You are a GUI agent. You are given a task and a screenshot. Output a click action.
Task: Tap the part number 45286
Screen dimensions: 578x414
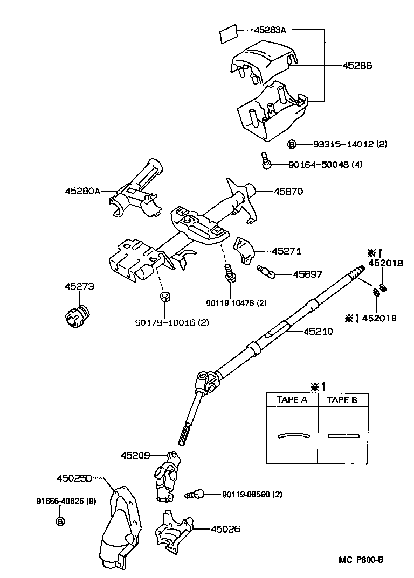click(357, 65)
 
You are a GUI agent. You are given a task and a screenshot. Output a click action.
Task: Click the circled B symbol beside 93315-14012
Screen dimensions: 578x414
click(292, 144)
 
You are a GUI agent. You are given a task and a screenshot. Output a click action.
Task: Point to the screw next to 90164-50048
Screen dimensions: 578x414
click(265, 160)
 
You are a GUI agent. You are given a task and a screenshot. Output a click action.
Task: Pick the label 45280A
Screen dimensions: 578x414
click(82, 191)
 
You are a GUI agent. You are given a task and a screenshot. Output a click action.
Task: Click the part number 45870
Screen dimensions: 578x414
click(288, 191)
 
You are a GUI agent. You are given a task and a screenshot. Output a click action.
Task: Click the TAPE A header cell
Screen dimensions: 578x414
click(292, 400)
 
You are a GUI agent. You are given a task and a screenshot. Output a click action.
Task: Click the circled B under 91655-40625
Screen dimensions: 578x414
click(60, 521)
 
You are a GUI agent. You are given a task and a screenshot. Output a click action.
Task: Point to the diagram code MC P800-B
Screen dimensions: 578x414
click(361, 559)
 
